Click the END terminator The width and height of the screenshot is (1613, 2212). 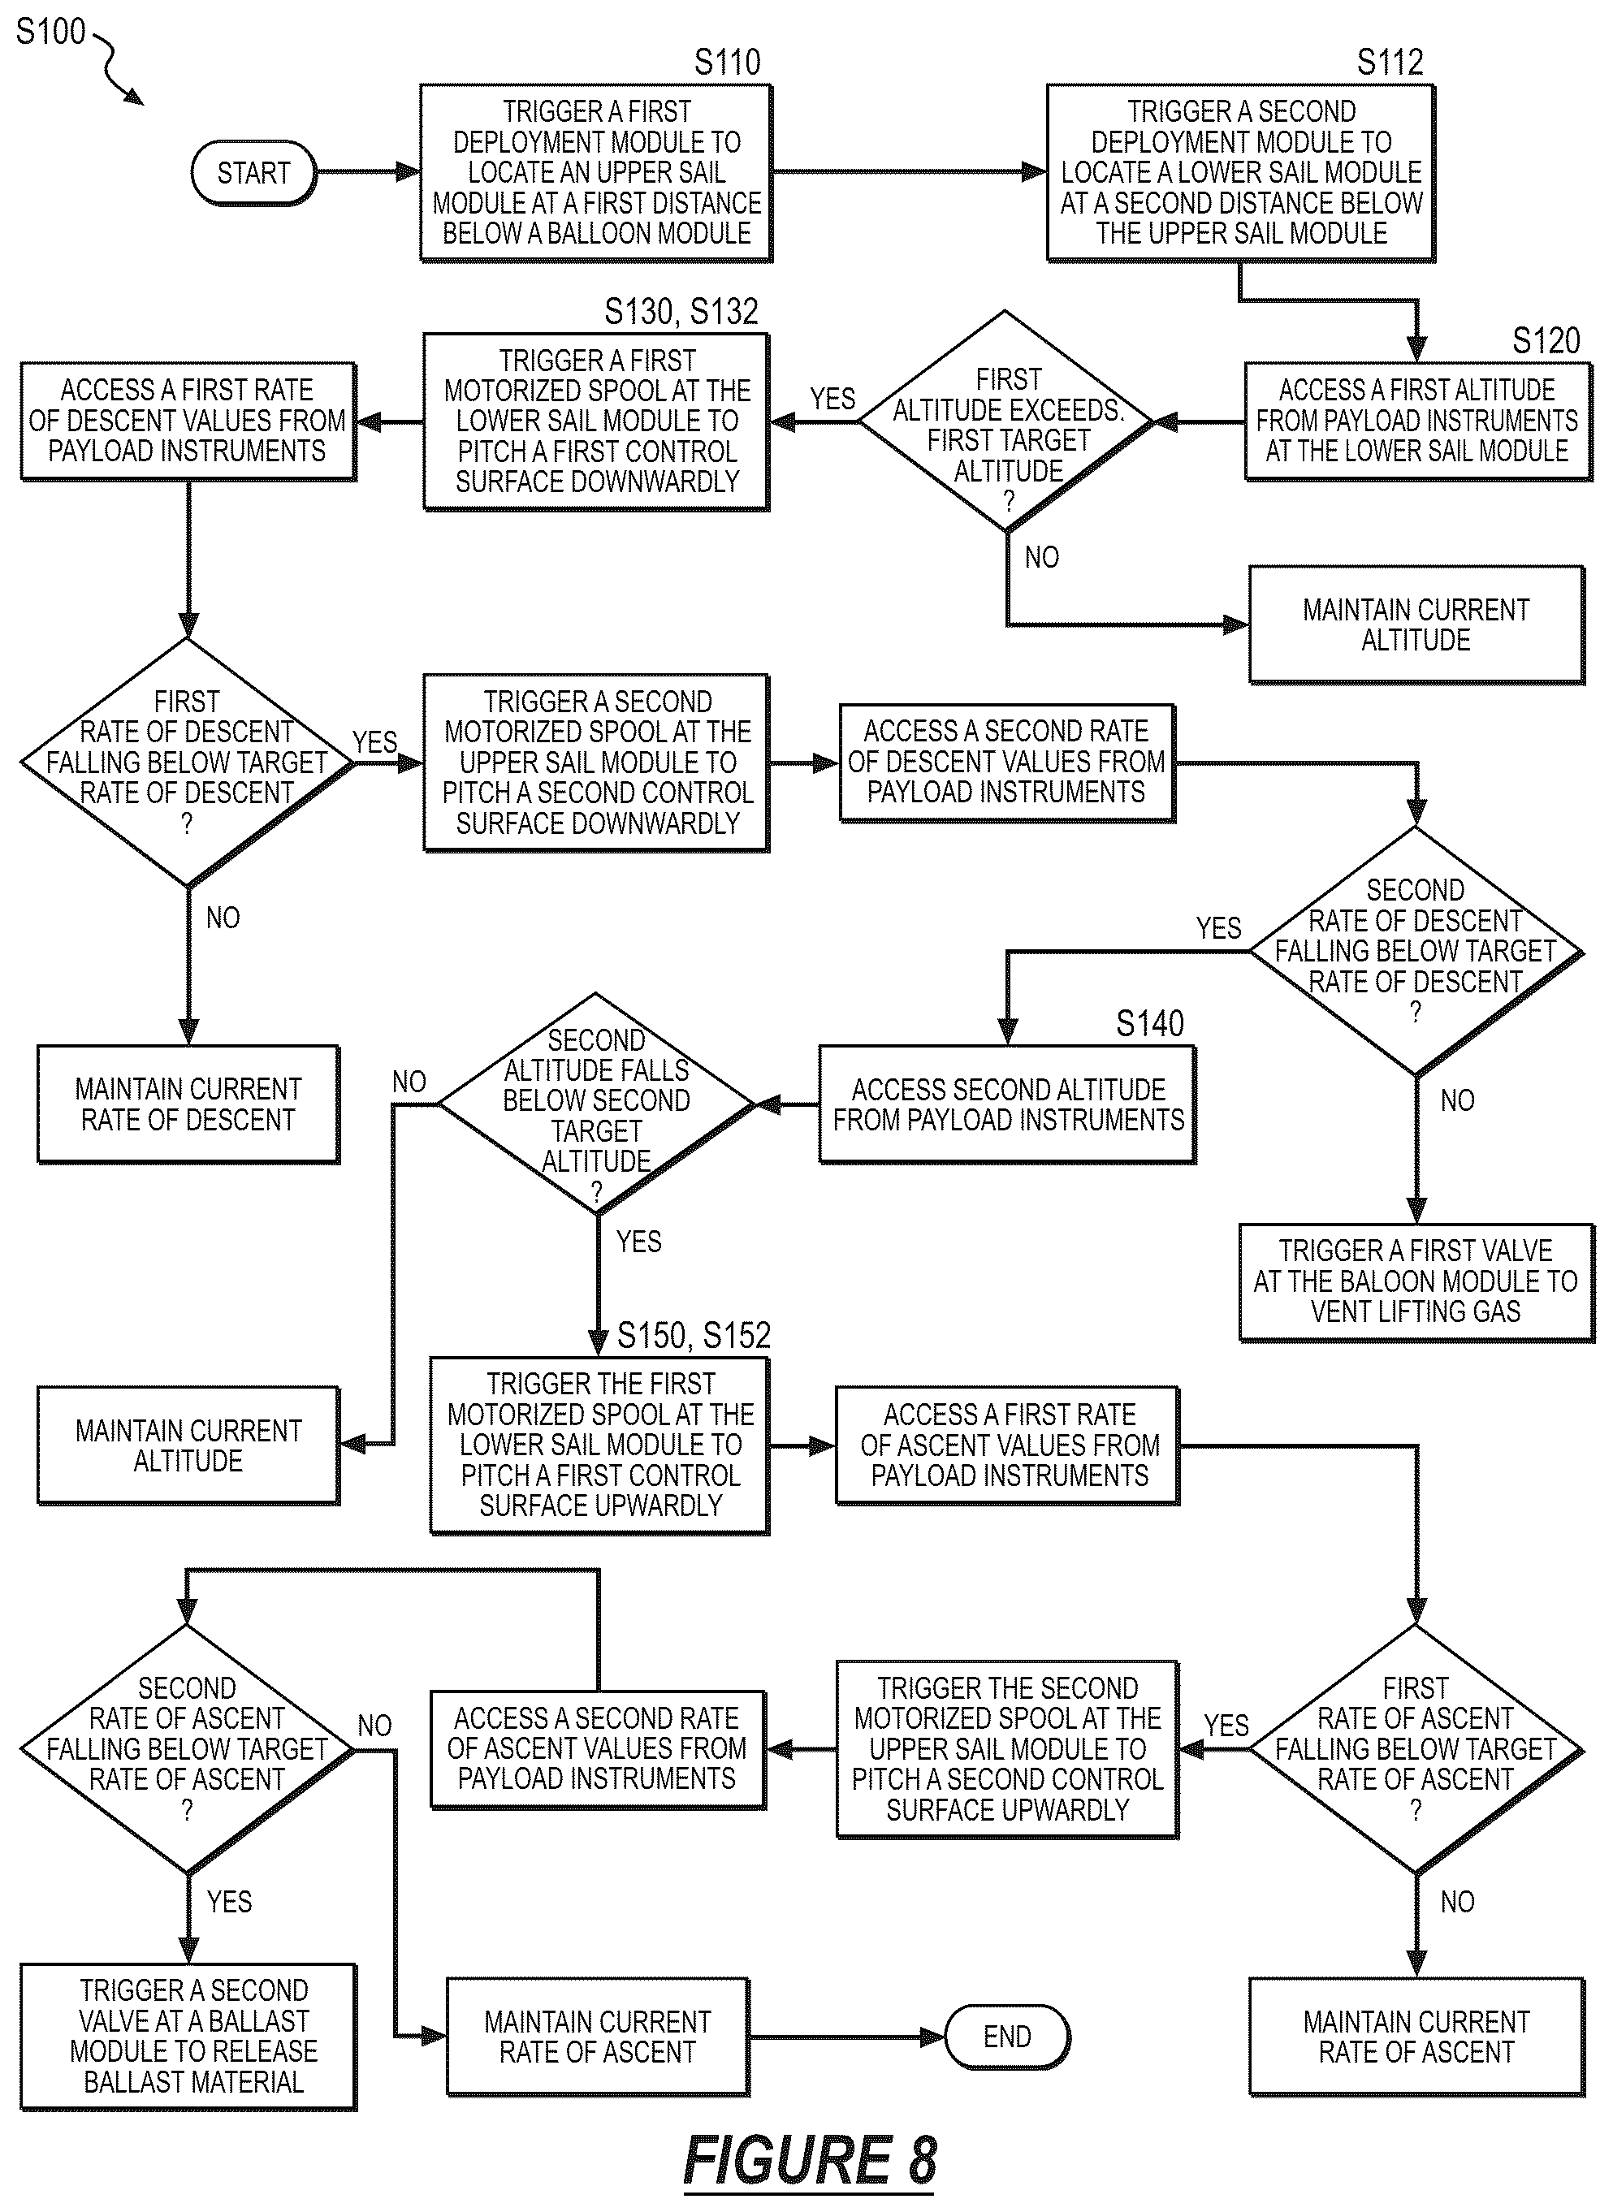[1008, 2037]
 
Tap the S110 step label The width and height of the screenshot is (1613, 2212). [728, 62]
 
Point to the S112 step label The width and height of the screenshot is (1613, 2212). [1390, 62]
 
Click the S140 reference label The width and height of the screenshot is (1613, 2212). [1149, 1023]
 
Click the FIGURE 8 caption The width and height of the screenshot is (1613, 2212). [810, 2159]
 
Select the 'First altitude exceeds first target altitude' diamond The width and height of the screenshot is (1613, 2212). [1006, 421]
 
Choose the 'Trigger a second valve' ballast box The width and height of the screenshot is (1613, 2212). [188, 2037]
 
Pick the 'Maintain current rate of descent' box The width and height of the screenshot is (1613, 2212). [188, 1104]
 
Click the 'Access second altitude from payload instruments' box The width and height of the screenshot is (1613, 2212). [1008, 1104]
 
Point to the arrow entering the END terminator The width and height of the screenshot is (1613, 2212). [846, 2037]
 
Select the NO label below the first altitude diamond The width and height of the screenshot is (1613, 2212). [1042, 557]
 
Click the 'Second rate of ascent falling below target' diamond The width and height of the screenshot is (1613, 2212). [188, 1748]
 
